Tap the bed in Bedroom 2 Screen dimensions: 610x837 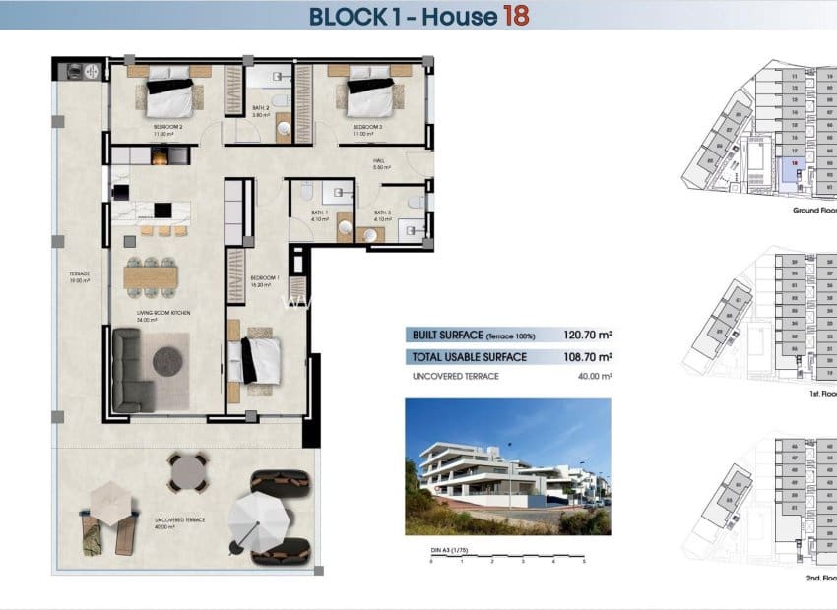click(x=169, y=96)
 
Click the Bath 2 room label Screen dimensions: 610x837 click(x=261, y=110)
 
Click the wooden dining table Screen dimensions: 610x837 click(x=151, y=277)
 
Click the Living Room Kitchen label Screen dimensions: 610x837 click(x=163, y=315)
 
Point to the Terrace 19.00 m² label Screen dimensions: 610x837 click(x=80, y=276)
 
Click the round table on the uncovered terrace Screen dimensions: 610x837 click(x=187, y=473)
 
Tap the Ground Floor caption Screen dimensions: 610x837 click(x=815, y=211)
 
